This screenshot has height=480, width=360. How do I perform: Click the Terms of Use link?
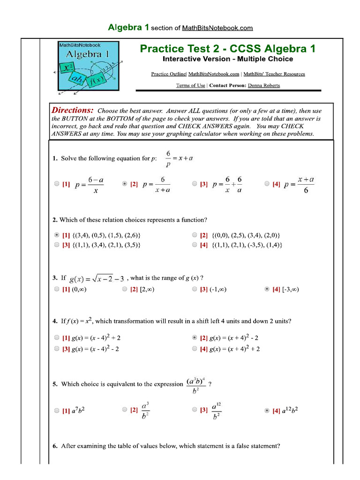point(190,85)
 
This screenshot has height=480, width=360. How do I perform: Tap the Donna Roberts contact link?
point(264,85)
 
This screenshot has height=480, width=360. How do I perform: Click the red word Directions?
point(73,110)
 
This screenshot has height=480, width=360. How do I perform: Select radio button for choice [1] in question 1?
point(57,184)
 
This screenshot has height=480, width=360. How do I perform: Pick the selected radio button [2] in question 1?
point(125,184)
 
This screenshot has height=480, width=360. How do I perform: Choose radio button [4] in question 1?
point(267,184)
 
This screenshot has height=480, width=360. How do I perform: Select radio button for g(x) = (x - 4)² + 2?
point(57,337)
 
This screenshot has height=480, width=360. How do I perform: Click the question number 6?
point(55,446)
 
